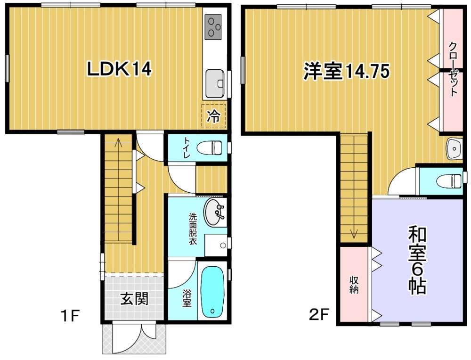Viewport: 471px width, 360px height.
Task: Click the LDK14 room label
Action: [119, 69]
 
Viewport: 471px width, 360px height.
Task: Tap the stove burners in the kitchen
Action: [213, 27]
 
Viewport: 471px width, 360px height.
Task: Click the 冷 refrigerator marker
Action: [213, 116]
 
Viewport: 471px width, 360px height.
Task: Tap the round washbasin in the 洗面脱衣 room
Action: [214, 212]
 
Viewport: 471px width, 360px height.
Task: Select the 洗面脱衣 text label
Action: [193, 229]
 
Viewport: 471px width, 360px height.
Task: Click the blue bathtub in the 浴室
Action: [213, 292]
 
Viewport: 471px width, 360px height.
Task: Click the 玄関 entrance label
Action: [134, 299]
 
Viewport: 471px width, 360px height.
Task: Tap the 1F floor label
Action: [70, 316]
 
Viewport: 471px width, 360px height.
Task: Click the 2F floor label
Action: [319, 315]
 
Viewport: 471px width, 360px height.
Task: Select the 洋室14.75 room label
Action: [346, 71]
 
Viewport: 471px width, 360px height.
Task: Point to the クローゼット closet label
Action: [453, 69]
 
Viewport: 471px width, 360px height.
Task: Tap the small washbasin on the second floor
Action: [454, 148]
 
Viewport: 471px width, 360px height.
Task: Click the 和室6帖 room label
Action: [417, 260]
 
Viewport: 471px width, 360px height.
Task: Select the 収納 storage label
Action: [354, 285]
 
